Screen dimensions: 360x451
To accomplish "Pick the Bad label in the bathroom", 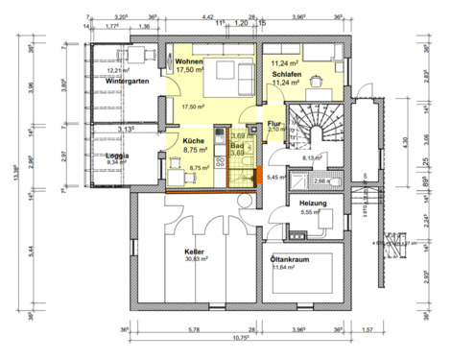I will pos(237,144).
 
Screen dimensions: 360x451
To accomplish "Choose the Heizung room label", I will pos(315,203).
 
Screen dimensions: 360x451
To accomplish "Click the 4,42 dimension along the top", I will pos(207,17).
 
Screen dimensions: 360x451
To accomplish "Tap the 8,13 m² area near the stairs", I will pos(313,157).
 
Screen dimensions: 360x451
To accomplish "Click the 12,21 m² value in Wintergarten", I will pos(118,71).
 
